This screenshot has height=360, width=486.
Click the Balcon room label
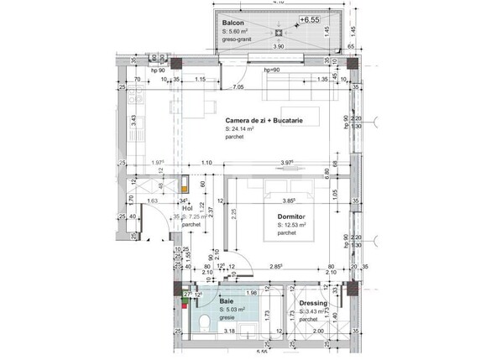[234, 23]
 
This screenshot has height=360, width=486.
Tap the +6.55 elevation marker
[311, 18]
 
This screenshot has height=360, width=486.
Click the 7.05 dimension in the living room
[238, 87]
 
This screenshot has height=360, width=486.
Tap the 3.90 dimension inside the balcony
[279, 47]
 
